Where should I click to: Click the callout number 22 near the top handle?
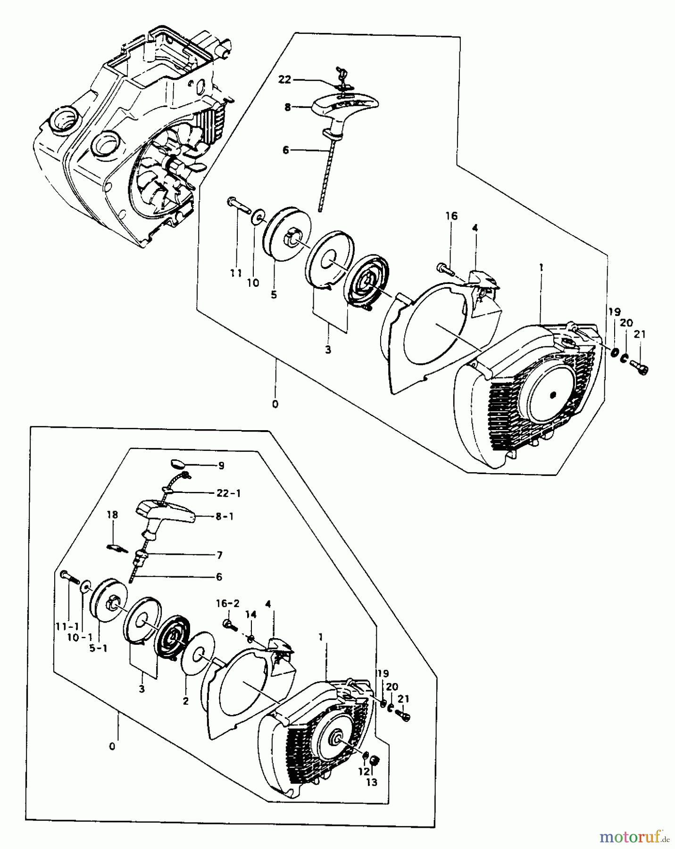(x=284, y=80)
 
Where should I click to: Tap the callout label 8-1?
(x=224, y=516)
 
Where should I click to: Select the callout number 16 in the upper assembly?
(x=451, y=216)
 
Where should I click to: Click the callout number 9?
(x=221, y=466)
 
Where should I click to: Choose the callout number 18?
(x=112, y=515)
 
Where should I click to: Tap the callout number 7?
(x=219, y=555)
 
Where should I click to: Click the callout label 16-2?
(x=228, y=603)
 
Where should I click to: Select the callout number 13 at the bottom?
(x=372, y=782)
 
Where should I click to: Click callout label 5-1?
(x=98, y=649)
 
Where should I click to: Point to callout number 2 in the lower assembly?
(x=185, y=701)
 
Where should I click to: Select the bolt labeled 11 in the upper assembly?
(x=240, y=206)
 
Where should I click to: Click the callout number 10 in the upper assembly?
(x=253, y=283)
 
